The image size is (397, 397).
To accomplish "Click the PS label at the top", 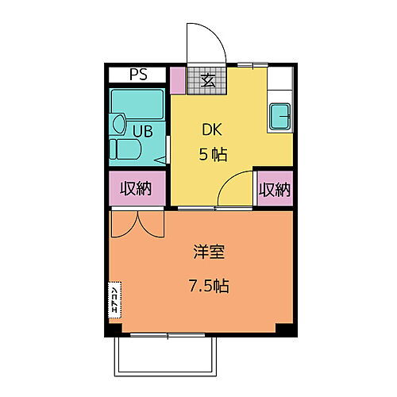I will point(137,77).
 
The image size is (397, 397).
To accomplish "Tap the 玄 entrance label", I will point(207,79).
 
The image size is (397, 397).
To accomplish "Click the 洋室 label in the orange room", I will point(208,253).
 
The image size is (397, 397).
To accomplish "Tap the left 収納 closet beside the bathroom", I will point(136,189).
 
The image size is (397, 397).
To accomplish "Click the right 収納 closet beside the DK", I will point(274,189).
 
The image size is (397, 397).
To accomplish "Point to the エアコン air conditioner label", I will point(114,300).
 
